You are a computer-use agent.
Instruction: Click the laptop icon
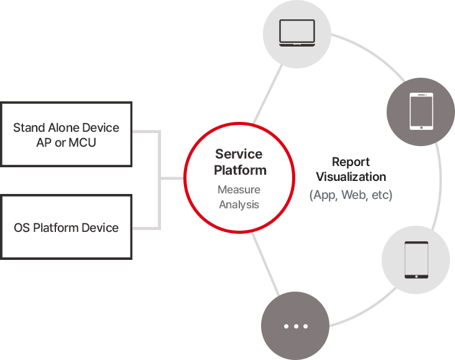point(297,33)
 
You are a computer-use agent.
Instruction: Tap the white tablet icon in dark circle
point(421,111)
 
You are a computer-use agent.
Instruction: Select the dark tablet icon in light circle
point(416,260)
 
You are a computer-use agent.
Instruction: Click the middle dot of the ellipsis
point(296,326)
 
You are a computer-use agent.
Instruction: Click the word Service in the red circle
point(239,154)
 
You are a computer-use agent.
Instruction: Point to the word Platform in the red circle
point(240,170)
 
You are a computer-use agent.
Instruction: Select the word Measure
point(239,190)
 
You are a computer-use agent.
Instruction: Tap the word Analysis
point(239,205)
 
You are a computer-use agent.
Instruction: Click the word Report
point(351,162)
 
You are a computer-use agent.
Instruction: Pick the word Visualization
point(351,177)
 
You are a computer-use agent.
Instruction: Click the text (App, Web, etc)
point(351,195)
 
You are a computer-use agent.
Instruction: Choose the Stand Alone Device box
point(66,134)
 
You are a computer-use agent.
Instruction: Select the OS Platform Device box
point(66,227)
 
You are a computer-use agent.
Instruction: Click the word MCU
point(83,142)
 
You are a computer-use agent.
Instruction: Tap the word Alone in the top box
point(63,127)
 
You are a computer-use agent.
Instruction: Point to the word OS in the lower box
point(22,228)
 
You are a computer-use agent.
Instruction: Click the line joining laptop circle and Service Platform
point(268,95)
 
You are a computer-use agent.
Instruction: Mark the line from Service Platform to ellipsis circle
point(265,264)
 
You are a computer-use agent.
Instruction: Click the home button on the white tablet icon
point(421,127)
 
